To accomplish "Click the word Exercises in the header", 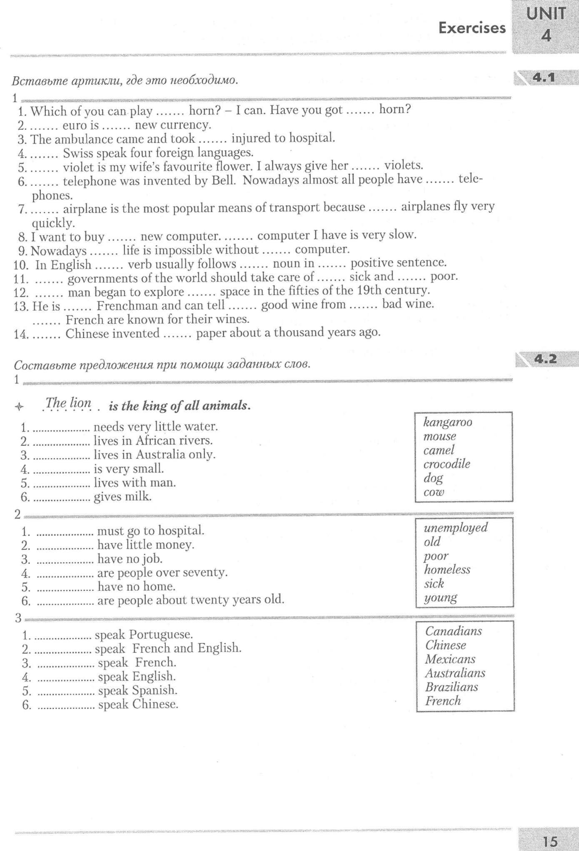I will point(472,28).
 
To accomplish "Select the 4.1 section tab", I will point(544,77).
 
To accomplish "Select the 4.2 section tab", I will point(545,359).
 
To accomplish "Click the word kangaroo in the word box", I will point(448,422).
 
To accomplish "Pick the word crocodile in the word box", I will point(447,464).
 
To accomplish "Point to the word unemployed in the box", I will point(455,528).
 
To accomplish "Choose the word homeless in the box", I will point(447,569).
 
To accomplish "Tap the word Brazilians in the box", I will point(452,687).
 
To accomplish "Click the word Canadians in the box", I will point(453,631).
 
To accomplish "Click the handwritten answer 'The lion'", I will point(68,403).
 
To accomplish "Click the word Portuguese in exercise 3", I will point(160,635).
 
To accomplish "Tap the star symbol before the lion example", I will point(18,407).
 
